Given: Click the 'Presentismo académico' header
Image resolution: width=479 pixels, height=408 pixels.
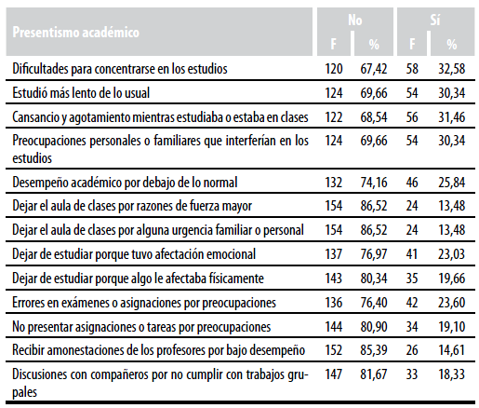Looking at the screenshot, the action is point(76,33).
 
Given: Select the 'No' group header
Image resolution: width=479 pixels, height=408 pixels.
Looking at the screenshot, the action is point(355,20).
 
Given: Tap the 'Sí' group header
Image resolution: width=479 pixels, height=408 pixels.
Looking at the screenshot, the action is point(435,20).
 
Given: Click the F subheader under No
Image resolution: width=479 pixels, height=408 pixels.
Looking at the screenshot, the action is point(334,44).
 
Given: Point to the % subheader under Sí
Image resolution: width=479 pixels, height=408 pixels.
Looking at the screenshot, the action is point(452,45).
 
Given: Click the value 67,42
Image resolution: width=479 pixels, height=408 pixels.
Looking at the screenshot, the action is point(374,69).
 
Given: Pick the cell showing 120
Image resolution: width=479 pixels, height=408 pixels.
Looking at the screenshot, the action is point(334,69).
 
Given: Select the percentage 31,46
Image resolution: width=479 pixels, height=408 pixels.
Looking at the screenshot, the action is point(452,117).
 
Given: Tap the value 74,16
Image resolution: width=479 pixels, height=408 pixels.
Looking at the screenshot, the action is point(374,183).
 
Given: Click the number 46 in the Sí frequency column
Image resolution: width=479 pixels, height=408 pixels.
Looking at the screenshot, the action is point(412,183).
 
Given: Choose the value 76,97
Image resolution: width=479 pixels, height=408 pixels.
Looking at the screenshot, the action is point(374,254).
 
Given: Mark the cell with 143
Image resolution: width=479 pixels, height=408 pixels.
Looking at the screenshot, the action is point(334,279).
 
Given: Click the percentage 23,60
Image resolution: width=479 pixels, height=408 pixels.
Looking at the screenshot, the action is point(452,303).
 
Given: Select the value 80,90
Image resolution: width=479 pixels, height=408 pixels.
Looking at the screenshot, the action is point(374,327).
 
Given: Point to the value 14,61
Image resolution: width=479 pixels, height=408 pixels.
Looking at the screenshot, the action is point(452,350).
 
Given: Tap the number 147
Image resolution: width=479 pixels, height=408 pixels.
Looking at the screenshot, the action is point(334,374).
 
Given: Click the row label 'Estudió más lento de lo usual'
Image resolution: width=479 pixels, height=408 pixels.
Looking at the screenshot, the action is point(81,93).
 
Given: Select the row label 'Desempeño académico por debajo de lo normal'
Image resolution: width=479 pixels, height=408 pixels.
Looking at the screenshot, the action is point(125,183).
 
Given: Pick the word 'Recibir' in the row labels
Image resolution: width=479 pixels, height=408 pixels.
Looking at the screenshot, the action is point(25,350).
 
